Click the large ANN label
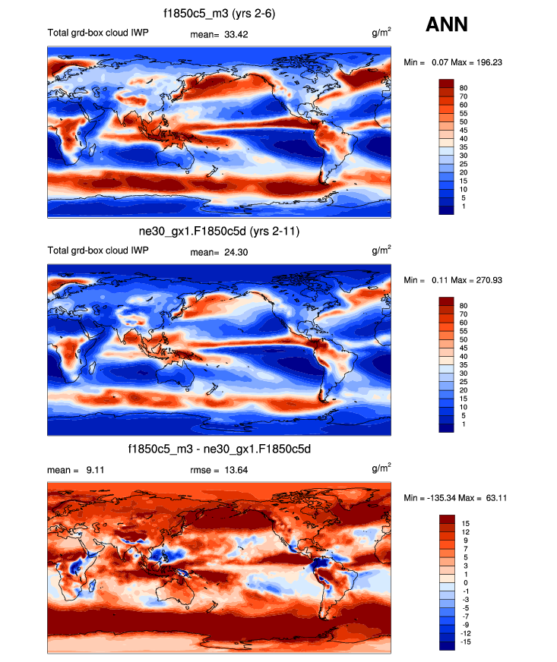[x=447, y=25]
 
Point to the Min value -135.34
[x=440, y=497]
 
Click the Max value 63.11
[x=497, y=497]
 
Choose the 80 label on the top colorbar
[x=464, y=89]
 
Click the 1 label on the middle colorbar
[x=461, y=424]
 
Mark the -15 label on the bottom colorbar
[x=465, y=642]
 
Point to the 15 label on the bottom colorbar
[x=464, y=523]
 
